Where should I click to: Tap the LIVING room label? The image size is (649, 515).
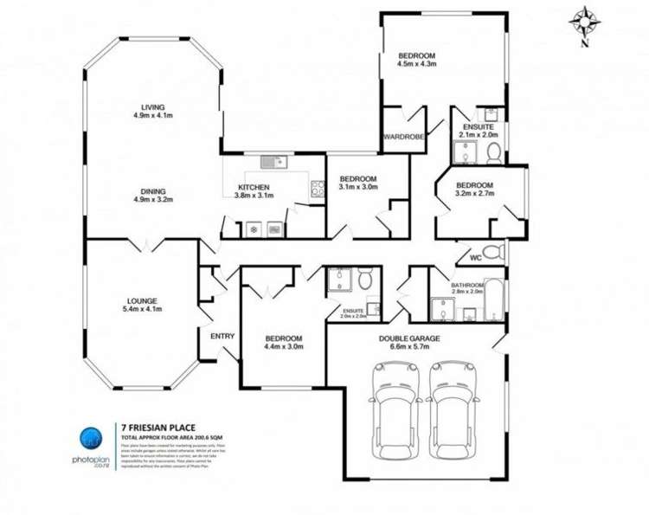point(149,111)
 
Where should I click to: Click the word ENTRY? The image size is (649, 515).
point(222,336)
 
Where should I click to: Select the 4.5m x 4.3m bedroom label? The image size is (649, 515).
point(416,60)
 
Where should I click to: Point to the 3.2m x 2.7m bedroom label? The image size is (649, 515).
point(473,190)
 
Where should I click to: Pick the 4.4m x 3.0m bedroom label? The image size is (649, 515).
point(283,343)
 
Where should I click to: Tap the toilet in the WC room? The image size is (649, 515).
point(492,252)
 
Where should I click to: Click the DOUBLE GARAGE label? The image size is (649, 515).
point(409,344)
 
